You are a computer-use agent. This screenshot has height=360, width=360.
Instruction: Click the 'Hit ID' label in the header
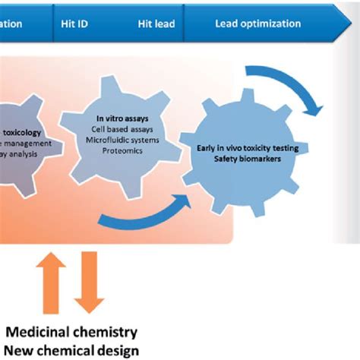pyautogui.click(x=74, y=24)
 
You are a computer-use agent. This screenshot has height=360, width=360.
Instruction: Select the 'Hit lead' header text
pyautogui.click(x=156, y=24)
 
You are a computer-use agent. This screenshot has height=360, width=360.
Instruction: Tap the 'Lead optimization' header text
pyautogui.click(x=257, y=24)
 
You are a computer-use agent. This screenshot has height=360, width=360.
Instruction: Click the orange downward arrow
pyautogui.click(x=90, y=283)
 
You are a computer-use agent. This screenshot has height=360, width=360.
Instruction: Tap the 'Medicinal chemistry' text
pyautogui.click(x=72, y=332)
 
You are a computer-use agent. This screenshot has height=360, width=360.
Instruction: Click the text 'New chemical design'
pyautogui.click(x=72, y=349)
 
